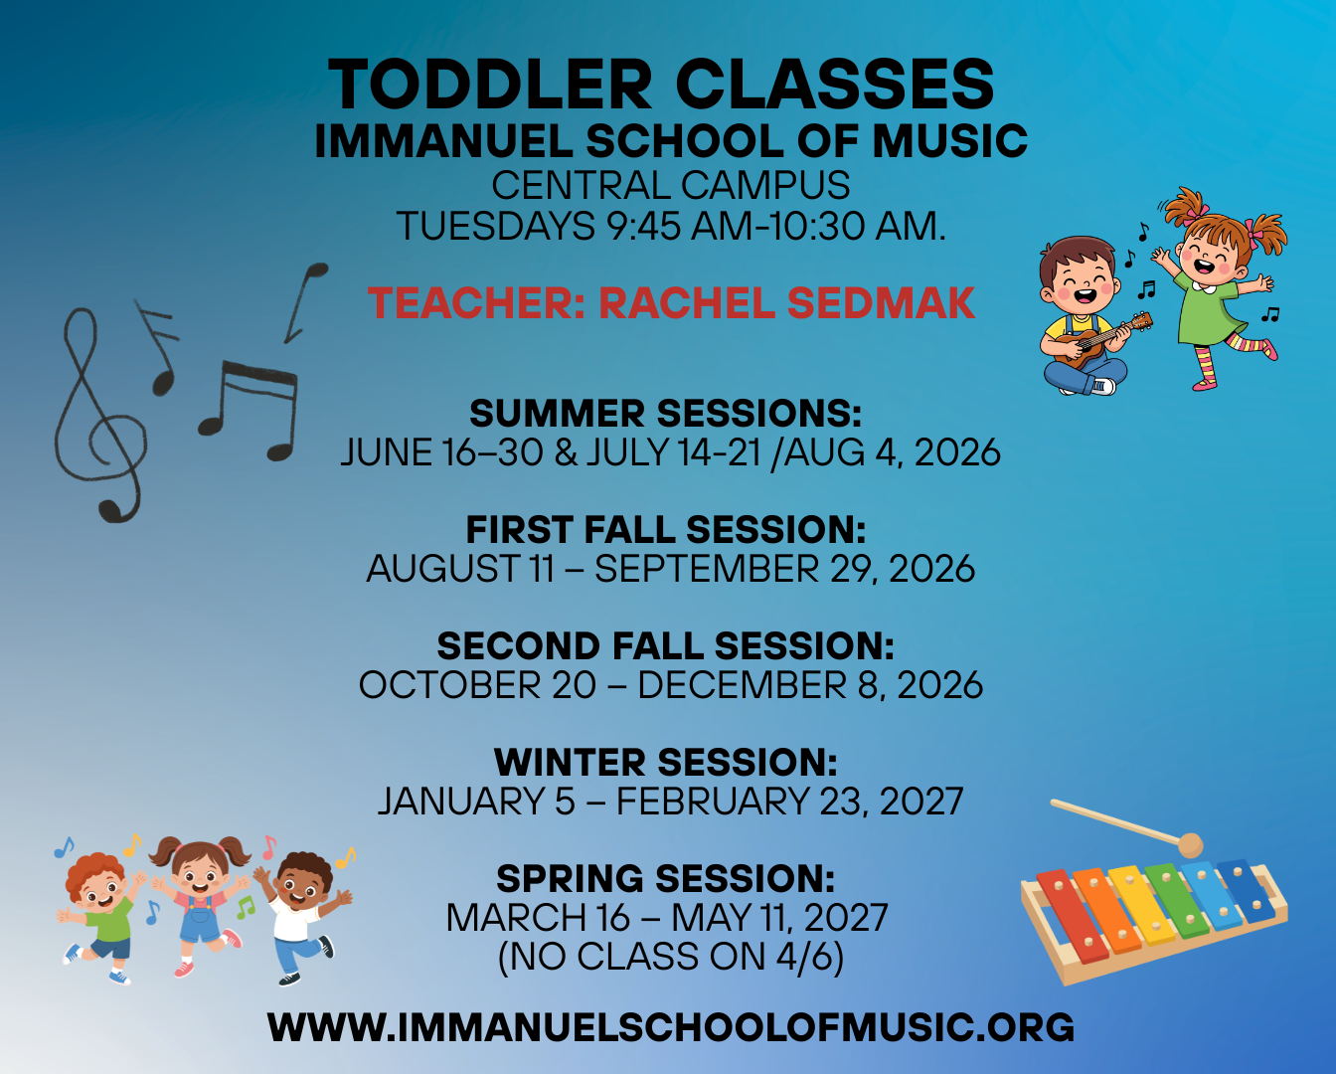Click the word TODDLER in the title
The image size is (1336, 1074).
[490, 84]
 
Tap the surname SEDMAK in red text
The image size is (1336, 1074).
[881, 303]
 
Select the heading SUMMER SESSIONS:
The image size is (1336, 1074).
[666, 413]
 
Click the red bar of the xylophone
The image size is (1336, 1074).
[1073, 915]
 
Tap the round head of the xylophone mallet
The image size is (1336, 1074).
[1191, 845]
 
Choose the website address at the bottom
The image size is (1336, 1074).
[670, 1027]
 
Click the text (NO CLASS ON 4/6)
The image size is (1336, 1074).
[670, 957]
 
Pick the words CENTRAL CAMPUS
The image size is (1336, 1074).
[670, 185]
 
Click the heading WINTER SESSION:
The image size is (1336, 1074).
[666, 762]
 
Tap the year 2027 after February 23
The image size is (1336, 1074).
[921, 801]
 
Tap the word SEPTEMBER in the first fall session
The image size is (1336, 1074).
[707, 569]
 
